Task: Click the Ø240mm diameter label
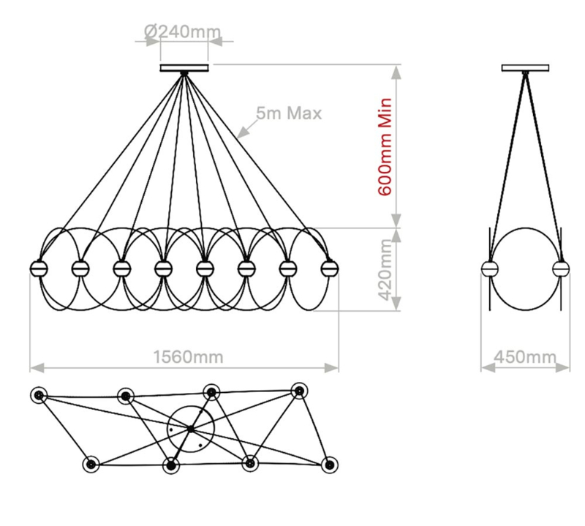coord(182,31)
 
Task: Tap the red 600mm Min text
coord(385,147)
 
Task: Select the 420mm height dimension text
coord(385,269)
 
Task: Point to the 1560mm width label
coord(189,357)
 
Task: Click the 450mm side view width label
coord(525,357)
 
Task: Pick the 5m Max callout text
coord(289,113)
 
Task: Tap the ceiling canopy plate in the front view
coord(184,68)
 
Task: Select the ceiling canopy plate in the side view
coord(525,68)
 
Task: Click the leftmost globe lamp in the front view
coord(39,268)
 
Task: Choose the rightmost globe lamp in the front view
coord(330,268)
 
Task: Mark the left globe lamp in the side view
coord(490,268)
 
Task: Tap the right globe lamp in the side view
coord(561,268)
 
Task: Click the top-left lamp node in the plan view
coord(39,395)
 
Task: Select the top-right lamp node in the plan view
coord(299,391)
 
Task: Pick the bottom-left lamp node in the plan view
coord(91,465)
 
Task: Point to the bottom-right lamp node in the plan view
coord(330,465)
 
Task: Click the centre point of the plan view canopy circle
coord(191,429)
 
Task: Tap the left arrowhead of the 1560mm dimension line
coord(37,368)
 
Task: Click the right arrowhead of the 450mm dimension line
coord(563,368)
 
